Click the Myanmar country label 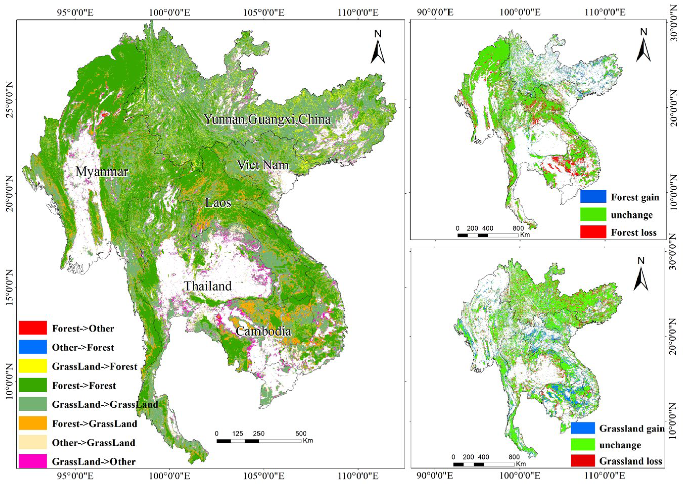[x=102, y=172]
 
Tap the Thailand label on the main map [x=208, y=286]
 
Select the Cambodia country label [x=263, y=331]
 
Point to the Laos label [x=218, y=203]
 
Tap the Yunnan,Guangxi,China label [x=267, y=119]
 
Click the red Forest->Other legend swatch [x=33, y=328]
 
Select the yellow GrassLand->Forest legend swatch [x=33, y=366]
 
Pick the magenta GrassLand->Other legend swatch [x=33, y=461]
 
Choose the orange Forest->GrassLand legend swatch [x=33, y=423]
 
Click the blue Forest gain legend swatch [x=593, y=196]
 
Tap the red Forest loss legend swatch [x=593, y=232]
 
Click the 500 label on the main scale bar [x=301, y=434]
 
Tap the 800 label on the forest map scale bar [x=518, y=228]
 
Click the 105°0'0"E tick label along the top [x=264, y=13]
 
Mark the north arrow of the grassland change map [x=641, y=275]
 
